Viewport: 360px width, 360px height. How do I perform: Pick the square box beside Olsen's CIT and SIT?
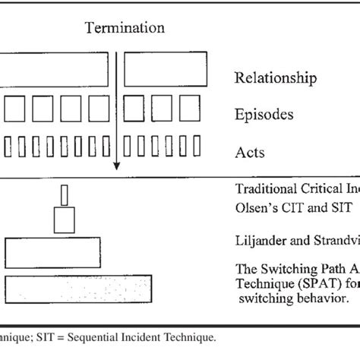point(64,219)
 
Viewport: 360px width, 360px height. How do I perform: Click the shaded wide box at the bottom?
point(81,289)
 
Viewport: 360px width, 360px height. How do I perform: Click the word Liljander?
point(263,241)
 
